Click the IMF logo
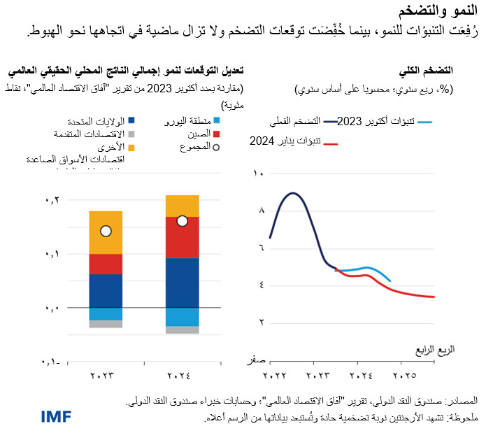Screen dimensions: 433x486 (x=22, y=417)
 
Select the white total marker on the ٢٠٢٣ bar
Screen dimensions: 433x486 (x=106, y=231)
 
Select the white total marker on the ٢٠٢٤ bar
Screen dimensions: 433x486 (x=182, y=221)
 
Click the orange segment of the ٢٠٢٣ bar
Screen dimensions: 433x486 (x=106, y=232)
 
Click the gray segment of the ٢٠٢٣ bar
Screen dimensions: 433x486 (x=106, y=324)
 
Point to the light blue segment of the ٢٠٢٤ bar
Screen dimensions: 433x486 (x=182, y=317)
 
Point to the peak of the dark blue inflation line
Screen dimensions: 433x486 (x=293, y=193)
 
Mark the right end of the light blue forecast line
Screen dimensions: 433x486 (x=390, y=281)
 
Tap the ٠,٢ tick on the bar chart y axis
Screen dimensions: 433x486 (x=52, y=200)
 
